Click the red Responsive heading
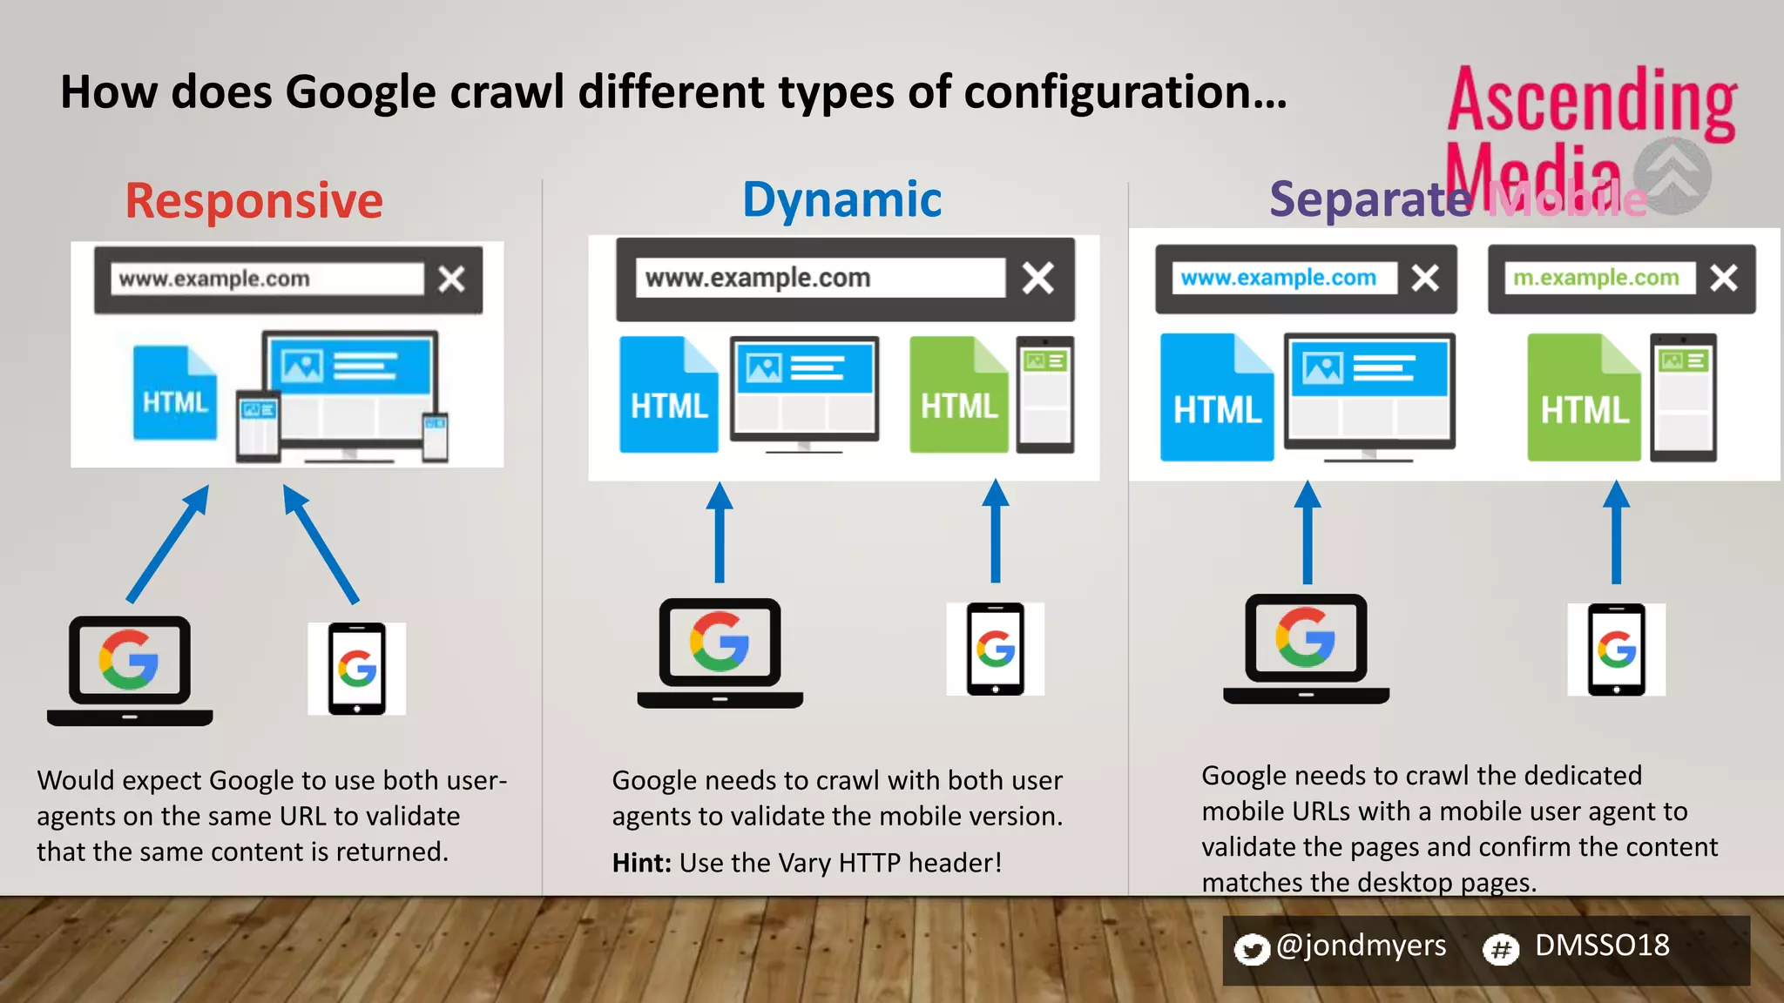click(x=253, y=201)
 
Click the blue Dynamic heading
click(x=841, y=199)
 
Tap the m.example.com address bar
click(x=1597, y=278)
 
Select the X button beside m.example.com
click(x=1723, y=278)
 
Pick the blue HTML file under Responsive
click(x=174, y=394)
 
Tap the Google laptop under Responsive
click(x=130, y=669)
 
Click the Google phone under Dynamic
click(x=995, y=650)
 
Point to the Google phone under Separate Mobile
click(x=1616, y=650)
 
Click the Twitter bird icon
click(x=1252, y=949)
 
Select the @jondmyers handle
click(x=1361, y=946)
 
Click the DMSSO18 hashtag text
click(x=1602, y=946)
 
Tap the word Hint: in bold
click(x=642, y=863)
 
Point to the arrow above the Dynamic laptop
click(x=719, y=533)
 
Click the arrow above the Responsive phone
click(x=321, y=544)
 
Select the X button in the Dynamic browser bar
click(x=1037, y=279)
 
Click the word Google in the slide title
click(x=361, y=92)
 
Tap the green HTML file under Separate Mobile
click(x=1584, y=399)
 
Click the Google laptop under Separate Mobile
click(x=1306, y=648)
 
